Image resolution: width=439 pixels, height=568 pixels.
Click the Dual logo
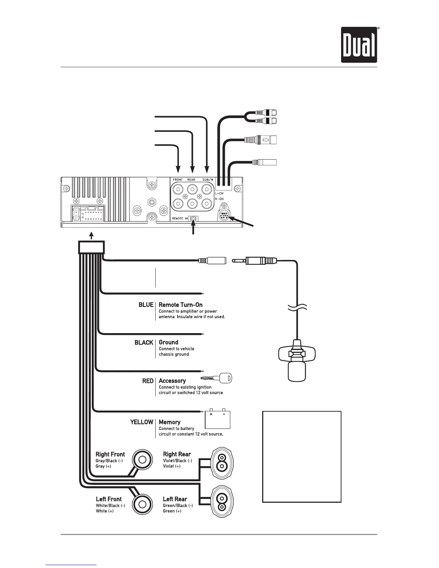(x=359, y=45)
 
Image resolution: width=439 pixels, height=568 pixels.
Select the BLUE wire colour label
(x=146, y=305)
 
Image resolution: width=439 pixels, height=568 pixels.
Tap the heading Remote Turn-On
(x=180, y=305)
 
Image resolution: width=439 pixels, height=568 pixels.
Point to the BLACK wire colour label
(x=144, y=342)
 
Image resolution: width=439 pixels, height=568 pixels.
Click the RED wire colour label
(x=148, y=381)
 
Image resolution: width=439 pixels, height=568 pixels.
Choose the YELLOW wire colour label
(x=142, y=422)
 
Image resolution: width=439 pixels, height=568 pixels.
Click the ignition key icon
(x=217, y=378)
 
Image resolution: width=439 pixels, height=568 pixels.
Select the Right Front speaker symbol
(x=142, y=460)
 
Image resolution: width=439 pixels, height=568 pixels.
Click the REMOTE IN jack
(x=194, y=219)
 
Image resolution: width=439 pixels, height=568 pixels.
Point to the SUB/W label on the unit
(x=208, y=180)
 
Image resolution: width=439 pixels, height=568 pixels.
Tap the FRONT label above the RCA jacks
(x=178, y=180)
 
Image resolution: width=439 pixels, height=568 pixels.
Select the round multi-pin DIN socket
(x=224, y=217)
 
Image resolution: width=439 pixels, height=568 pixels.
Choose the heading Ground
(x=169, y=342)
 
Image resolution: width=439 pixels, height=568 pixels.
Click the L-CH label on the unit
(x=219, y=194)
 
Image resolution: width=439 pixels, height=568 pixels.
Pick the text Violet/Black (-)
(x=178, y=461)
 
